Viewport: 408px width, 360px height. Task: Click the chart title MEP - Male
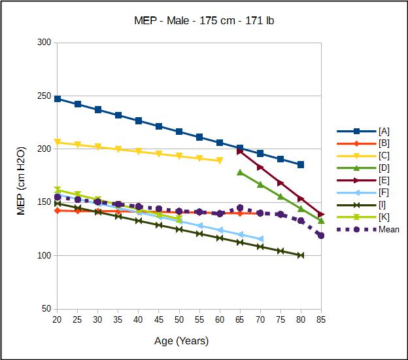pos(203,20)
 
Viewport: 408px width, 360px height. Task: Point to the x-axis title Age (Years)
pos(182,340)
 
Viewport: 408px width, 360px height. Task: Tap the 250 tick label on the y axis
pos(44,96)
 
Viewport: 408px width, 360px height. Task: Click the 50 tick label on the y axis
pos(46,309)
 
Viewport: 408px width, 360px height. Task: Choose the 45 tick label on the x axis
pos(159,319)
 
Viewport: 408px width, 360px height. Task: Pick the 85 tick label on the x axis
pos(321,319)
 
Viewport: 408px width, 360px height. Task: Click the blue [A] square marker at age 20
pos(58,99)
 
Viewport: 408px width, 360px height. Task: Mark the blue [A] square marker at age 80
pos(301,164)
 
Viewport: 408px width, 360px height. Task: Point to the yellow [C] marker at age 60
pos(220,160)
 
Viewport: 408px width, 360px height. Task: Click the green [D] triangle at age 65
pos(240,172)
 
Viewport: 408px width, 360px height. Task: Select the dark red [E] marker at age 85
pos(321,214)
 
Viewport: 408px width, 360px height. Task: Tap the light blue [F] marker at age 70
pos(260,239)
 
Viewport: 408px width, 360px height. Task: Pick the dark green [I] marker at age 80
pos(301,255)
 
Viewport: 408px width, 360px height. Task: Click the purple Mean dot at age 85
pos(321,235)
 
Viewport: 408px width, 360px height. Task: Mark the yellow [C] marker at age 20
pos(58,142)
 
